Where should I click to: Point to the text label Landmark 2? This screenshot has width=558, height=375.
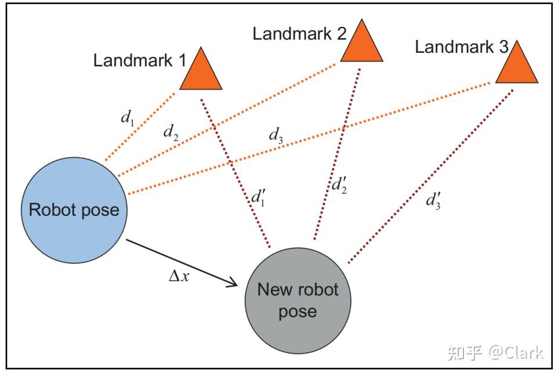(x=299, y=33)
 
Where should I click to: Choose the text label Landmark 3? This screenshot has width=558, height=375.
(x=462, y=46)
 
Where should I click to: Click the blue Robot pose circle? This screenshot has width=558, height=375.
(x=74, y=210)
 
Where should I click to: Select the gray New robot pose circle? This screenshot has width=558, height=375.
(x=298, y=300)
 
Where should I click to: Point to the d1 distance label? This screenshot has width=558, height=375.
(x=126, y=118)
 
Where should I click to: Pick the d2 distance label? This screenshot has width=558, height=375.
(x=170, y=133)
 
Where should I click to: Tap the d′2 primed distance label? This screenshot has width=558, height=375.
(x=339, y=185)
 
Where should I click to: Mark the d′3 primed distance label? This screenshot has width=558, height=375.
(x=433, y=201)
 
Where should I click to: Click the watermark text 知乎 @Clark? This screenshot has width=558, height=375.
(x=495, y=352)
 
